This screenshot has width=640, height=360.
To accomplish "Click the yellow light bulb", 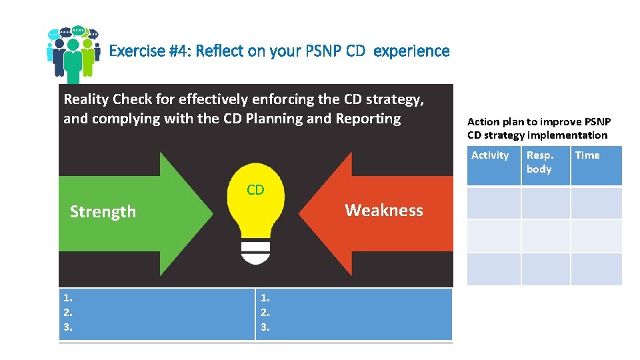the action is (x=255, y=213).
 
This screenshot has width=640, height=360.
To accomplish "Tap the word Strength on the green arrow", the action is (x=103, y=212).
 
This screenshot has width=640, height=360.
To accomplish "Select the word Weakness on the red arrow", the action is (x=383, y=211).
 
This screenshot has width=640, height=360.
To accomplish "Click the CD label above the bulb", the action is (x=255, y=190).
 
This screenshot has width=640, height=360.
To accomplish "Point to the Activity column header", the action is (x=490, y=155).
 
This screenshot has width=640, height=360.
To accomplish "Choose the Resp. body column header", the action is (x=540, y=162).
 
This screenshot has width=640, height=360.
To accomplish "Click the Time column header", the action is (x=587, y=155).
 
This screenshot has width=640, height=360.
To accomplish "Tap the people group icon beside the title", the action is (x=73, y=53).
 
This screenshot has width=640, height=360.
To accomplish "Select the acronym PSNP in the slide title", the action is (x=319, y=51).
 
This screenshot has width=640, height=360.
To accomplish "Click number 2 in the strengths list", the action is (x=67, y=312).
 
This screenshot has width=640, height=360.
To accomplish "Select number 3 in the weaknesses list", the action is (x=265, y=327).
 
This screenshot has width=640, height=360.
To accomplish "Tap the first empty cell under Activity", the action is (x=493, y=203).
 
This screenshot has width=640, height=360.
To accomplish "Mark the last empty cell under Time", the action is (x=596, y=269).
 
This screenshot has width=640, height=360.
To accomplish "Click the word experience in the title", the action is (x=411, y=51).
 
